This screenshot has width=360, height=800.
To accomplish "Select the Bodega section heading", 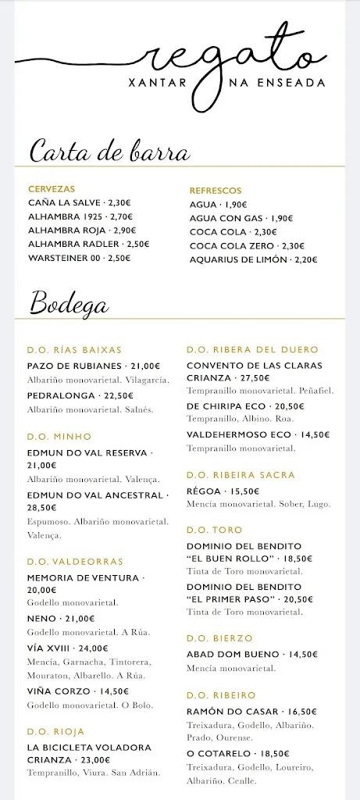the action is pyautogui.click(x=70, y=302).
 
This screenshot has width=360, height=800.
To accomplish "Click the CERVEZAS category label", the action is pyautogui.click(x=52, y=189).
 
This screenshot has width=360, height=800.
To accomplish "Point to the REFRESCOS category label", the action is pyautogui.click(x=216, y=191).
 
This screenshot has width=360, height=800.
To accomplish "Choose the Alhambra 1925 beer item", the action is pyautogui.click(x=80, y=216).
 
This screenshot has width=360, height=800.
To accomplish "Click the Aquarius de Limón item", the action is pyautogui.click(x=253, y=259).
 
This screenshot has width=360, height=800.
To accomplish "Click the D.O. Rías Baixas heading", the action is pyautogui.click(x=74, y=350).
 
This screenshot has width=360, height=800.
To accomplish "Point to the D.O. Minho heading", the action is pyautogui.click(x=59, y=436).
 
